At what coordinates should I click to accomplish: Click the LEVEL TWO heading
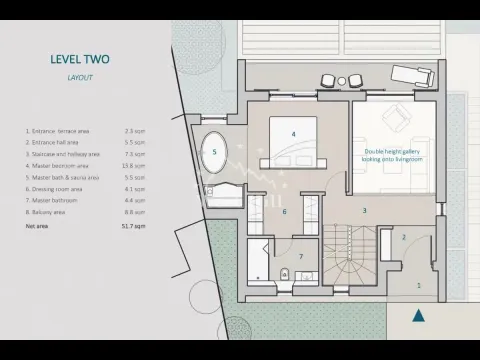tap(80, 59)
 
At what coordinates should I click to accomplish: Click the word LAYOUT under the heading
tap(80, 76)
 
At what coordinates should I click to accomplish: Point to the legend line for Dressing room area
tap(61, 189)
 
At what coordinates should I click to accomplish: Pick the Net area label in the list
tap(35, 227)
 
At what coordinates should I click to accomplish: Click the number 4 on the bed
tap(294, 133)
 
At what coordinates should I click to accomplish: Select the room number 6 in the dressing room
tap(284, 211)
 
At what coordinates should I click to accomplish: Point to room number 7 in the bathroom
tap(300, 257)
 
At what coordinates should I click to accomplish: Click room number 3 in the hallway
tap(364, 210)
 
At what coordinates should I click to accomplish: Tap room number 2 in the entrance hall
tap(404, 237)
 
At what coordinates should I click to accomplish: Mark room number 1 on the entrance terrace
tap(418, 285)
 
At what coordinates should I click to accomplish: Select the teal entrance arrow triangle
tap(421, 315)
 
